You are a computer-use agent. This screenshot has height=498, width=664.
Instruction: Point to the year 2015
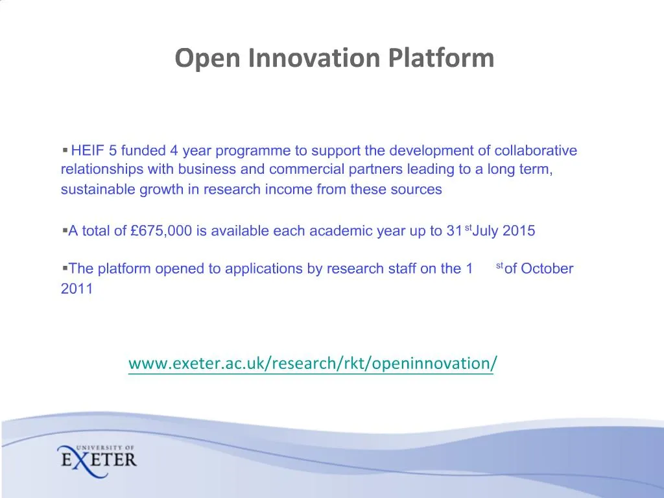[x=519, y=231]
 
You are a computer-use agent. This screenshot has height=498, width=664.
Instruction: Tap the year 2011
[x=77, y=289]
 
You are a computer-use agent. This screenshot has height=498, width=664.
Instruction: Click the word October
[x=547, y=268]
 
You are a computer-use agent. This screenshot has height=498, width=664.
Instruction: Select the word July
[x=486, y=231]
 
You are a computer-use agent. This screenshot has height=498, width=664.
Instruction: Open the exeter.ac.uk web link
[x=313, y=363]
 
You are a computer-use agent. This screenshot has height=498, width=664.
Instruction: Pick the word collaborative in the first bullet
[x=536, y=151]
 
